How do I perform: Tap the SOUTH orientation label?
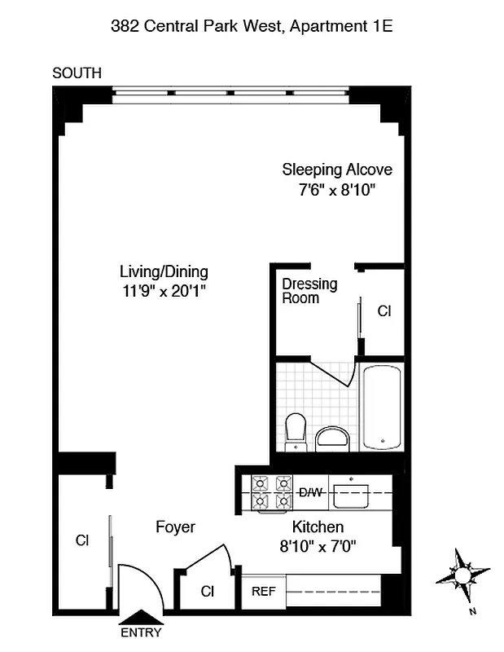77,73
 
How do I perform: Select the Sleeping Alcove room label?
337,170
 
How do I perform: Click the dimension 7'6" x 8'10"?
337,190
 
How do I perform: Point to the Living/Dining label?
164,271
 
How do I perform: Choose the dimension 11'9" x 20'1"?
164,291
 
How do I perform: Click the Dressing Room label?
309,291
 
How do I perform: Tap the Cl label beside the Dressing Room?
384,311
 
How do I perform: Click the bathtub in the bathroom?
381,407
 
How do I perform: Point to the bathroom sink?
331,438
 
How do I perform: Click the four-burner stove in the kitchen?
271,491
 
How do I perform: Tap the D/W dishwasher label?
311,492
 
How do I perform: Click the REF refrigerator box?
261,591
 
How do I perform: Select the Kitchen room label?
318,526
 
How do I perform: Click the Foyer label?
175,527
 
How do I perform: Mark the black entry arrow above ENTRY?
141,619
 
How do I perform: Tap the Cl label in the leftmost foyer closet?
81,540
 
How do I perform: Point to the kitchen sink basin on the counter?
353,492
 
